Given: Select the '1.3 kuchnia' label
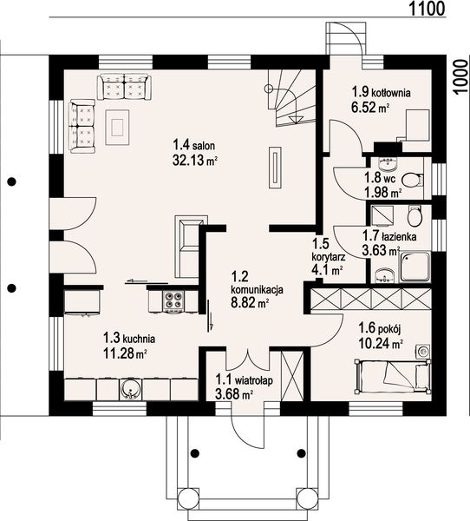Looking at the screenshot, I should [122, 339].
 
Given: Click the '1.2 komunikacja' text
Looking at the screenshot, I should [251, 288].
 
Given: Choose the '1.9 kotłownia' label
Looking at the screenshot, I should [380, 91].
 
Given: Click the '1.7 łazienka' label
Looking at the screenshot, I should [391, 235].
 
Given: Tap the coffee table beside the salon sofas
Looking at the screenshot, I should [116, 126].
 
